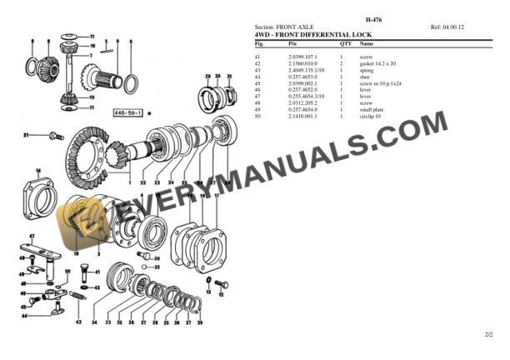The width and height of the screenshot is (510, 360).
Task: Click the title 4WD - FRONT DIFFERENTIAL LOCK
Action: click(x=312, y=34)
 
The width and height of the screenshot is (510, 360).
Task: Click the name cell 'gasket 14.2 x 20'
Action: click(x=377, y=63)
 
